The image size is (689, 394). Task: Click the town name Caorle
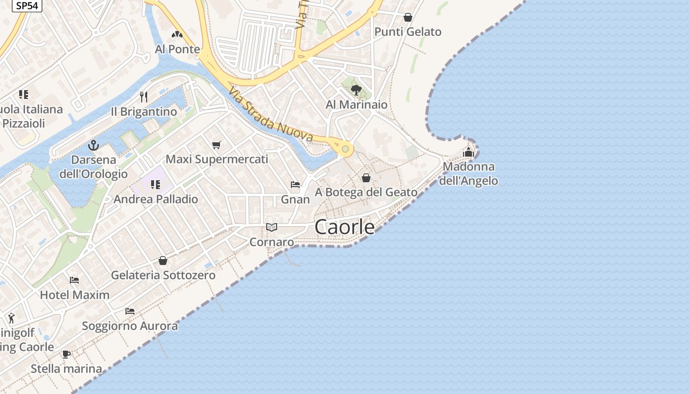coord(344,227)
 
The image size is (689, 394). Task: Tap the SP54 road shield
coord(27,5)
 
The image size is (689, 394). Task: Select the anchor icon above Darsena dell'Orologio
coord(93,145)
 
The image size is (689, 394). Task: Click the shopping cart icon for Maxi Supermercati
coord(217,145)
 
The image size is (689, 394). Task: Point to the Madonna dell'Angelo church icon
coord(468,152)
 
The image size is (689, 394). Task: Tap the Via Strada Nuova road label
coord(271,114)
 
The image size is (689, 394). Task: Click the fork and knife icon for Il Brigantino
coord(144,97)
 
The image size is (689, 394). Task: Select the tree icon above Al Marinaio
coord(356,90)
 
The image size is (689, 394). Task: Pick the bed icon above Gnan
coord(295,185)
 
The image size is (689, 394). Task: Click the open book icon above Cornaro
coord(272,227)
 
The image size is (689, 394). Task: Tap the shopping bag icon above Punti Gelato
coord(407,18)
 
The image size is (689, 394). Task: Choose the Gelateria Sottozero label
coord(163,275)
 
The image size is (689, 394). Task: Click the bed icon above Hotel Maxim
coord(74,280)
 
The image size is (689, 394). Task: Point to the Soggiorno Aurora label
coord(130,326)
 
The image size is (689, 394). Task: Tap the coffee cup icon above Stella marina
coord(66,354)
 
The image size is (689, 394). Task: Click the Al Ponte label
coord(177,49)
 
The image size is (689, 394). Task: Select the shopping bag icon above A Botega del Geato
coord(366,177)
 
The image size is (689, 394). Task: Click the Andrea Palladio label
coord(156,199)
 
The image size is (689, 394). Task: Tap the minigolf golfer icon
coord(11,318)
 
